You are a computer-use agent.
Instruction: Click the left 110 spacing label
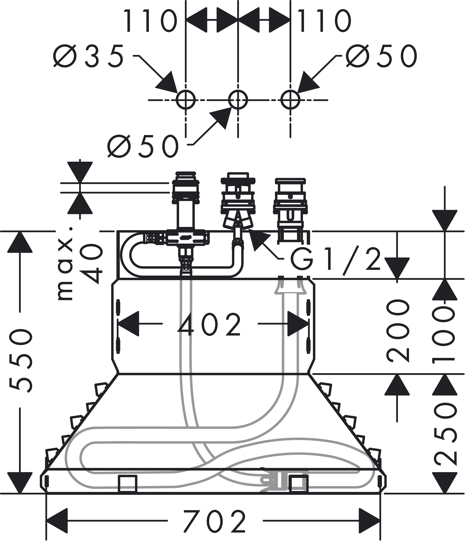(150, 21)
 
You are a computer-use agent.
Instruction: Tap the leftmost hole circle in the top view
(186, 100)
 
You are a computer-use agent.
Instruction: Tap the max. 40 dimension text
(78, 264)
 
